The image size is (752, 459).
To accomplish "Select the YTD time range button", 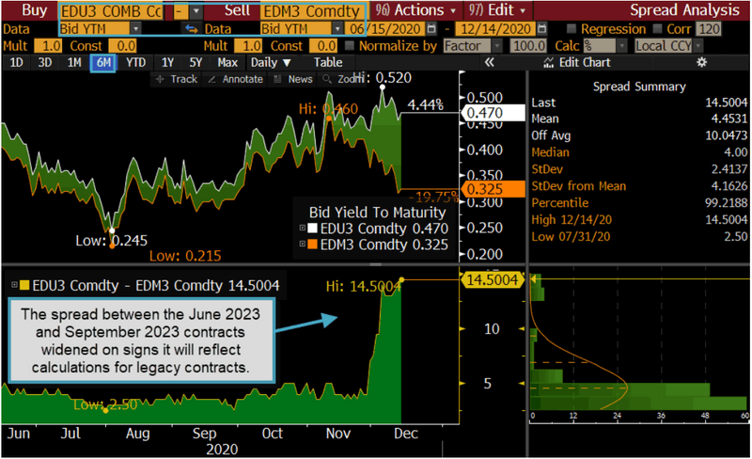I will click(x=135, y=62).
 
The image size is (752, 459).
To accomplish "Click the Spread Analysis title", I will click(x=684, y=10).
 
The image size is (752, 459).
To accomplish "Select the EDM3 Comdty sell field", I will click(x=310, y=11).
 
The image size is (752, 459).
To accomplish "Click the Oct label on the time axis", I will click(x=273, y=435).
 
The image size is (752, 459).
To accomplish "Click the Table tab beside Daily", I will click(x=328, y=62).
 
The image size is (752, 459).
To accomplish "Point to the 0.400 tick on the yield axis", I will click(x=485, y=150).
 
